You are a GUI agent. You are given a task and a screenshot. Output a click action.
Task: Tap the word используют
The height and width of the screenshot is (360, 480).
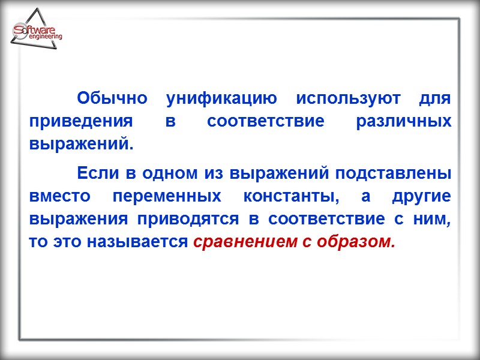coord(344,98)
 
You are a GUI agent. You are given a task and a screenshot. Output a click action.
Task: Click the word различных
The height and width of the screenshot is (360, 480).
coord(403,121)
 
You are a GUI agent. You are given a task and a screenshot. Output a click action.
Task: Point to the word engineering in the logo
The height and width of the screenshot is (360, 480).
coord(45,37)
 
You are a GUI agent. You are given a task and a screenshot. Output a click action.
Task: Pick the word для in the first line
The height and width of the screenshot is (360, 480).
coord(437,98)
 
